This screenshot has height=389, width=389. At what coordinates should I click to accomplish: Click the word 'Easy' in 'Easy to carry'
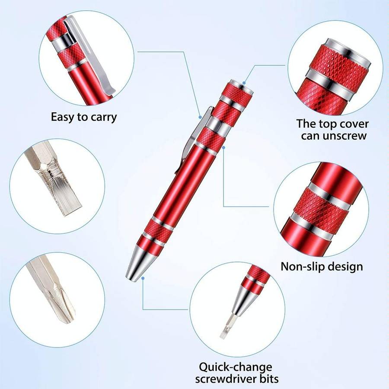pyautogui.click(x=63, y=117)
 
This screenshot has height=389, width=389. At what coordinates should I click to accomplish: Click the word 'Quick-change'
pyautogui.click(x=236, y=368)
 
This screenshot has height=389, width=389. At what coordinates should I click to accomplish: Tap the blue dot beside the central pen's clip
pyautogui.click(x=200, y=116)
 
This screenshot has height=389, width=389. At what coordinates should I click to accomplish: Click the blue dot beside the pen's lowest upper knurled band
pyautogui.click(x=223, y=147)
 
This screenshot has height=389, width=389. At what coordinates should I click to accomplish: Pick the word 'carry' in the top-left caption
pyautogui.click(x=103, y=117)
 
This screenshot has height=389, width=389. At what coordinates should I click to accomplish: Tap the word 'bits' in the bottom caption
pyautogui.click(x=268, y=380)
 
